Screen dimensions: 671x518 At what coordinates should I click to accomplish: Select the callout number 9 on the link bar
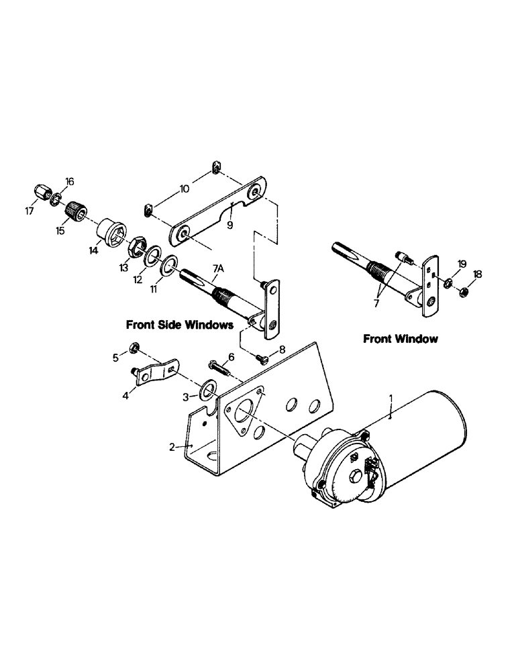pyautogui.click(x=229, y=226)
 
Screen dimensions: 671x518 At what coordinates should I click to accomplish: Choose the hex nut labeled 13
pyautogui.click(x=137, y=246)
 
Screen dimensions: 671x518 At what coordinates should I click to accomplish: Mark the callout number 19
pyautogui.click(x=461, y=263)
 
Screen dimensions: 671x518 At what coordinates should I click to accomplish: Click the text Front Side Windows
pyautogui.click(x=179, y=325)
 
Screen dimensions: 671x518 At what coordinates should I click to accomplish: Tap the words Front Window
pyautogui.click(x=401, y=339)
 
